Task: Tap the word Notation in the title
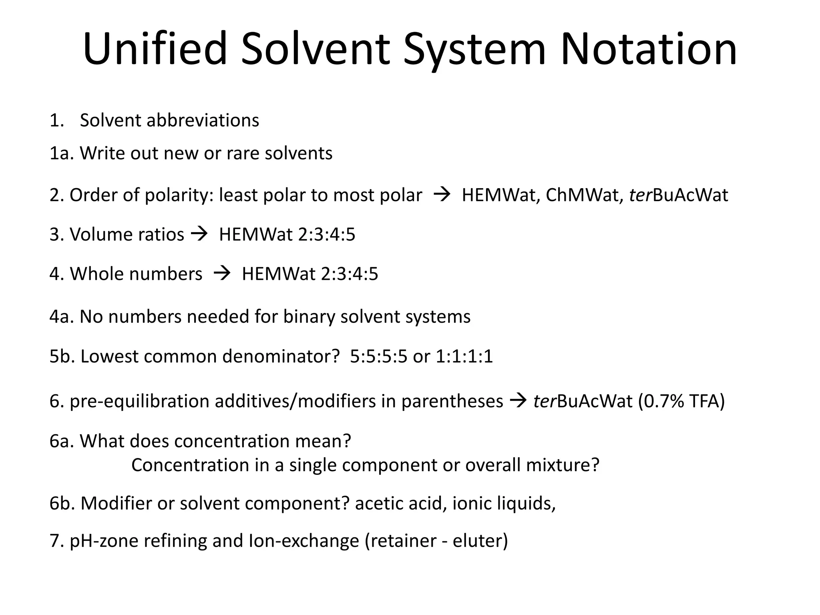pos(648,49)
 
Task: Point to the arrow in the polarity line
pos(442,195)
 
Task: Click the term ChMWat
pos(584,195)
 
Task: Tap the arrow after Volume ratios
pos(199,234)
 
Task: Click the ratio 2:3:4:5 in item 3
pos(327,234)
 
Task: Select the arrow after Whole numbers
pos(222,273)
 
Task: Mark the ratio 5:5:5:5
pos(378,356)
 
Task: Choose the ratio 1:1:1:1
pos(464,356)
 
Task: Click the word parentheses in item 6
pos(452,402)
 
